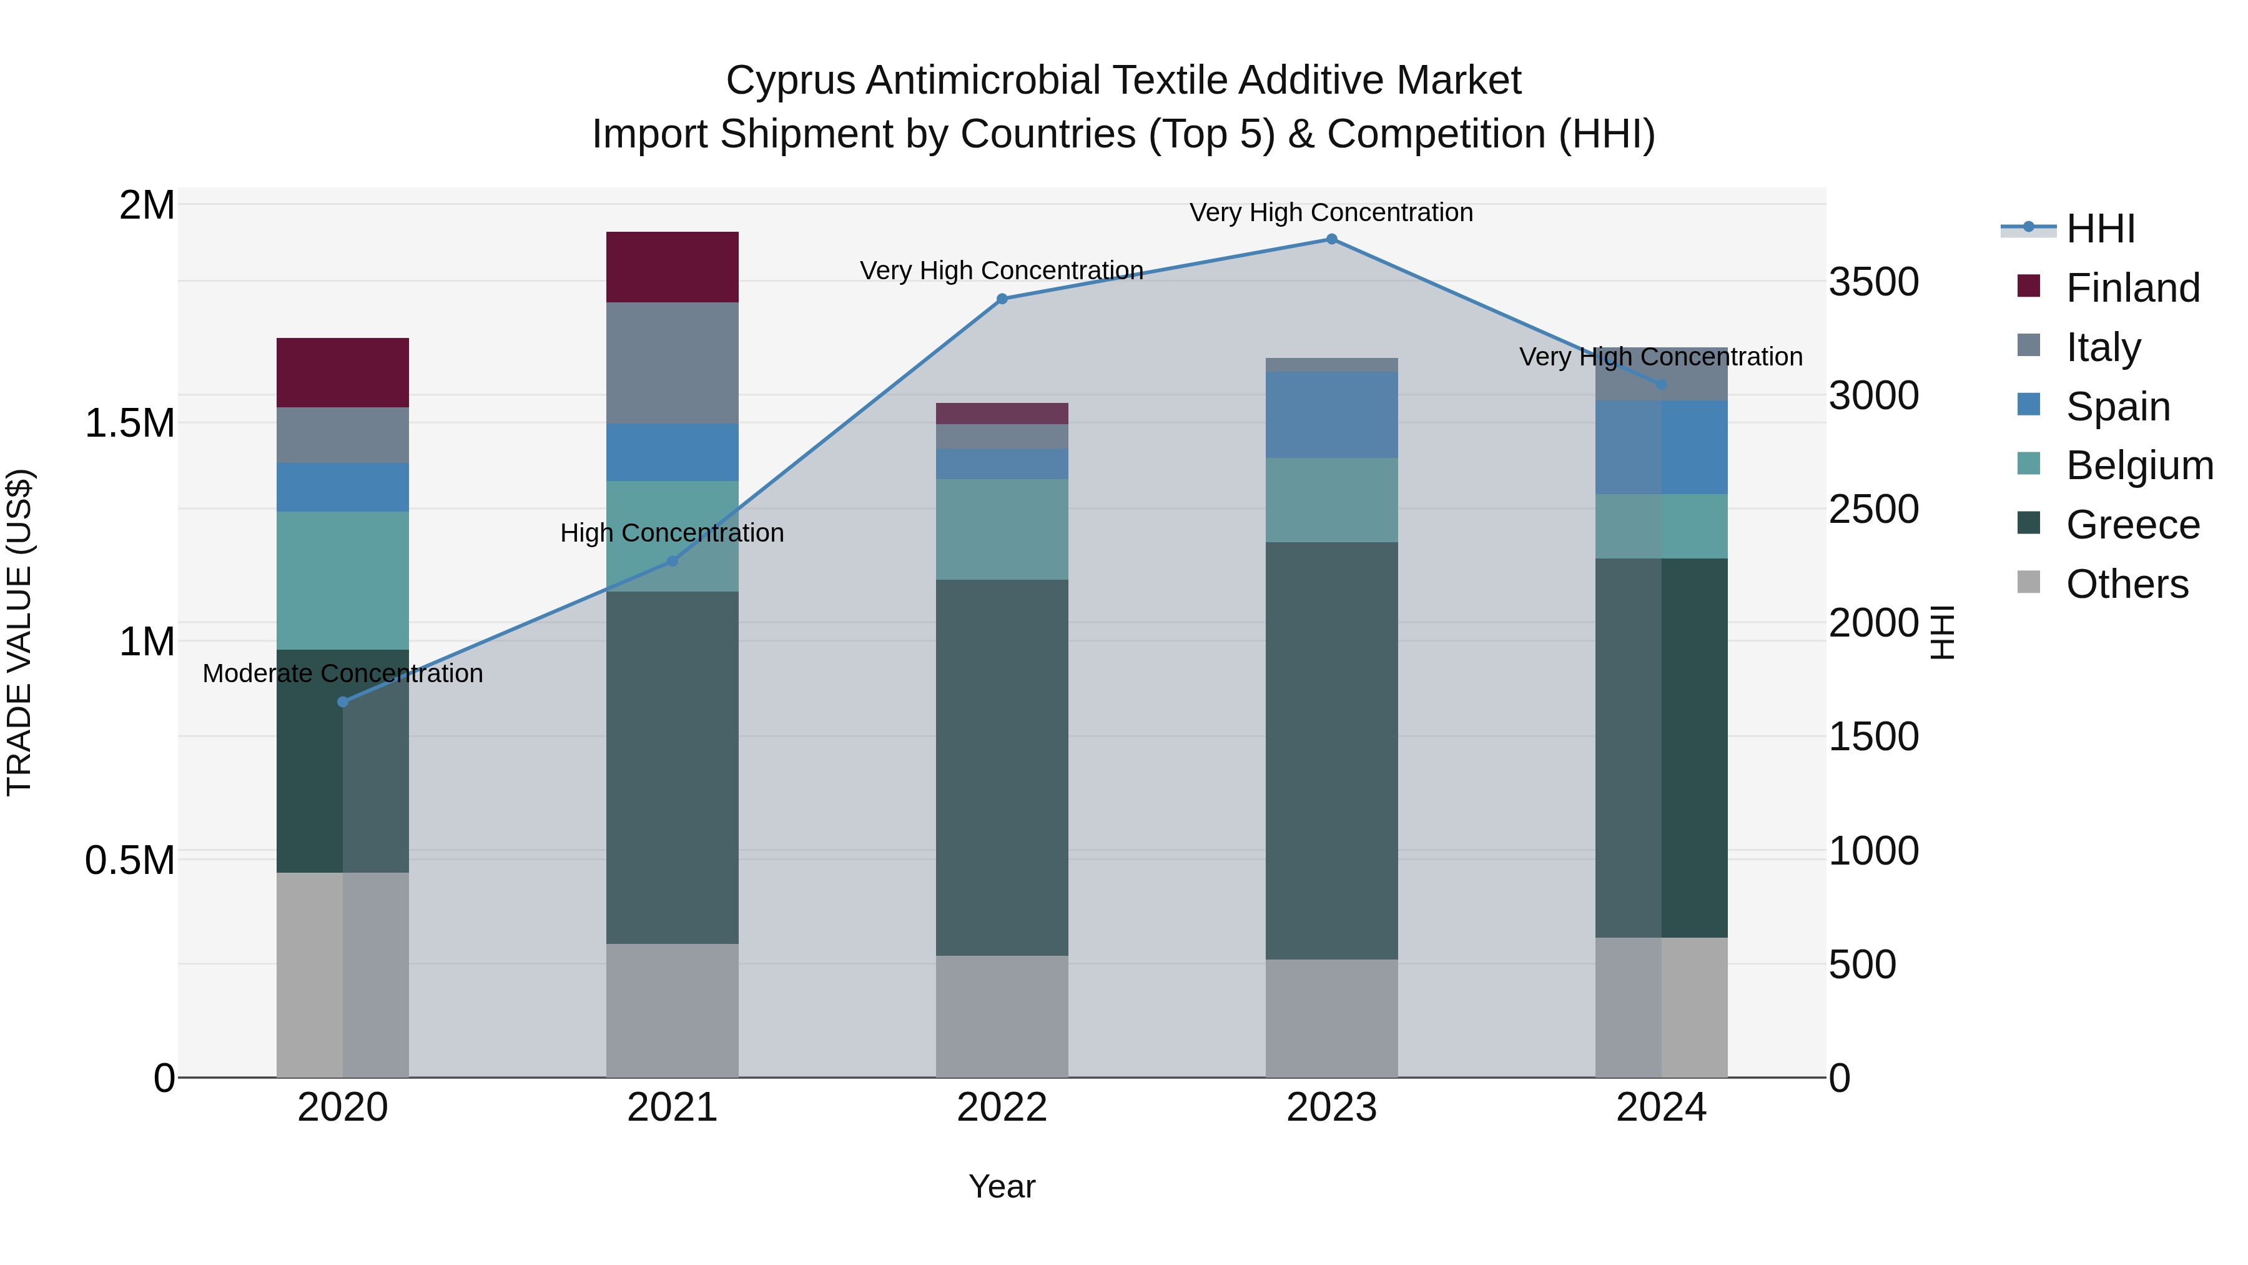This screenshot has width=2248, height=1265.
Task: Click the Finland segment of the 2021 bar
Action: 672,267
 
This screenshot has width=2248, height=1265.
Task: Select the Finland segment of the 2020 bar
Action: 342,373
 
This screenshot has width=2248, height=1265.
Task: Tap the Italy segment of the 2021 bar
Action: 672,363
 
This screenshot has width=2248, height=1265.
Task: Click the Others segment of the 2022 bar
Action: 1002,1016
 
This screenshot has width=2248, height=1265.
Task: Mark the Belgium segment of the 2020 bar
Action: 342,580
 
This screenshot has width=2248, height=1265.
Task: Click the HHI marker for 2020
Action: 342,702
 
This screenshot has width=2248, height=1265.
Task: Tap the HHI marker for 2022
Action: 1002,299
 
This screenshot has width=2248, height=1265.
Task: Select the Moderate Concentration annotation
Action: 342,673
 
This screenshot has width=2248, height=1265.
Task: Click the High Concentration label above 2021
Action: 672,532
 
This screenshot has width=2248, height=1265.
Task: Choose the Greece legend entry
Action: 2132,525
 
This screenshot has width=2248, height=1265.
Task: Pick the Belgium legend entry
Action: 2139,465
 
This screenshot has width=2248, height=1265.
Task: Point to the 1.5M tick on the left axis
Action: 129,424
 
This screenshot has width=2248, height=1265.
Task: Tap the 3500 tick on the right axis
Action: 1873,282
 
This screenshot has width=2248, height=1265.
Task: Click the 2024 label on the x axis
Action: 1660,1107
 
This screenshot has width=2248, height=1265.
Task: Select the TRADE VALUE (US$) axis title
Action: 19,632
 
